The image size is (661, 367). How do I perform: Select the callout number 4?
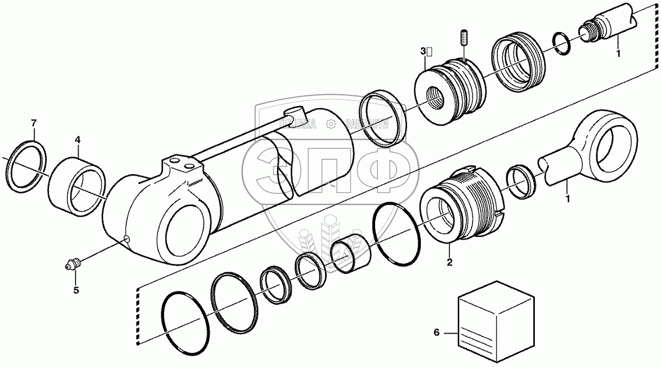coord(77,141)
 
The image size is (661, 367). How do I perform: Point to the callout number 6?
coord(437,332)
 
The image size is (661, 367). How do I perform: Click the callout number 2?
coord(449,263)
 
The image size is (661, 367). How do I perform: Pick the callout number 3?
coord(424,51)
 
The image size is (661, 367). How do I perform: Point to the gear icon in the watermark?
coord(331,125)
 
